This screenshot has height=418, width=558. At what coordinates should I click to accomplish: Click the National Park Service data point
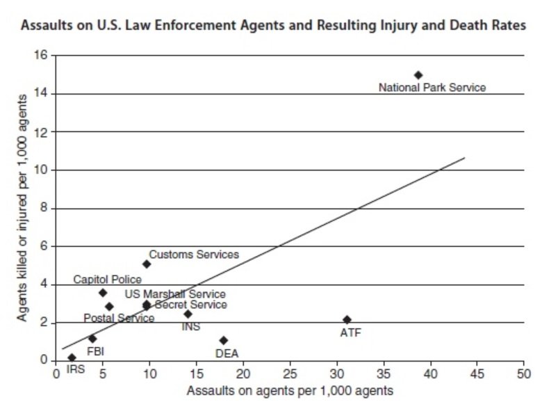tap(418, 75)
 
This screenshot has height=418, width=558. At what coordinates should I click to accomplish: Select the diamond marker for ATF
tap(347, 320)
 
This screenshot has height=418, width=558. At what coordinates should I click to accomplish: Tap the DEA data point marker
tap(224, 340)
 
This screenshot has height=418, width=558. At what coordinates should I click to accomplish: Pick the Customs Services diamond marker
tap(147, 264)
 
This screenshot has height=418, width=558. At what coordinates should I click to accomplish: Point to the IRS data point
tap(72, 357)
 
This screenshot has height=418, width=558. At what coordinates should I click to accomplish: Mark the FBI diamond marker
tap(92, 339)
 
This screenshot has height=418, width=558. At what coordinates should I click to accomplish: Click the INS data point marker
tap(188, 314)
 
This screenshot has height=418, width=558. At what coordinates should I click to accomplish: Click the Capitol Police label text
tap(107, 280)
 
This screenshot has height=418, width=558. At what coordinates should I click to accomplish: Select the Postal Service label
tap(119, 319)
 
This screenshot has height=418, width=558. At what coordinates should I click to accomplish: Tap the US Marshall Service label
tap(175, 294)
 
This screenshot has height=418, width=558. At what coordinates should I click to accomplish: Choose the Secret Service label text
tap(190, 305)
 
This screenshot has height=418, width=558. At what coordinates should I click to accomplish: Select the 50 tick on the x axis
tap(524, 374)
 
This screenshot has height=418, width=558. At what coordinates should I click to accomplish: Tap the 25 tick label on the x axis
tap(290, 374)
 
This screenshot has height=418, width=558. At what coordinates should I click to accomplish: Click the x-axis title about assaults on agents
tap(290, 391)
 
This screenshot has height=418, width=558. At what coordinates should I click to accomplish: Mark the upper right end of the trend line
tap(464, 158)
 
